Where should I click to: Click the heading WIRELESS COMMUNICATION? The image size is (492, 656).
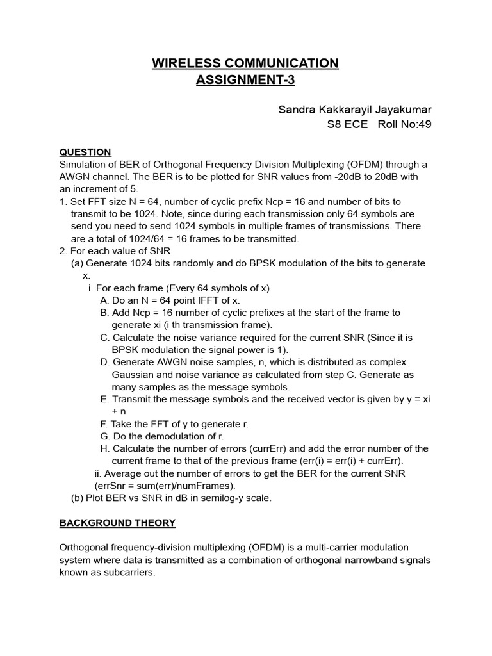coord(245,63)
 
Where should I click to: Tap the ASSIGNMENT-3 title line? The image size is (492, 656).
coord(245,81)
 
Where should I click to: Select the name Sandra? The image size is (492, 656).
coord(298,110)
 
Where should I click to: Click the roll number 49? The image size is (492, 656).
coord(425,124)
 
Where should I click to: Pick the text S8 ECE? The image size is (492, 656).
coord(347,124)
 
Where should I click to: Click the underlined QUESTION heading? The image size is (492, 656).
coord(85,152)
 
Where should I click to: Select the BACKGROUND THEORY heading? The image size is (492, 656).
coord(117,523)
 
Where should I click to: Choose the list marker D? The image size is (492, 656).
coord(104,362)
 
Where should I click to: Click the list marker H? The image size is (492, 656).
coord(104,448)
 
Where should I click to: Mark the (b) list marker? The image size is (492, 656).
coord(77,498)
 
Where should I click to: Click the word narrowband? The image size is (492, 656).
coord(366,561)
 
